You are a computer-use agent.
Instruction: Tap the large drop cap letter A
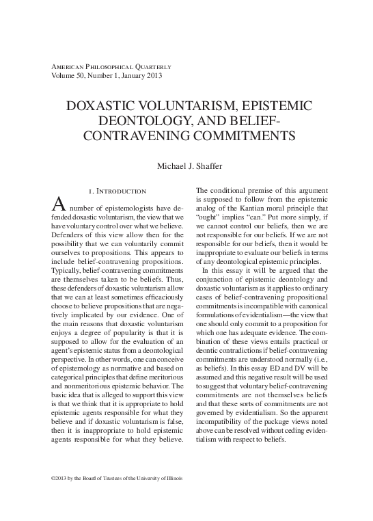pyautogui.click(x=59, y=204)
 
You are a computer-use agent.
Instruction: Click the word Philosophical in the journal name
pyautogui.click(x=109, y=66)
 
